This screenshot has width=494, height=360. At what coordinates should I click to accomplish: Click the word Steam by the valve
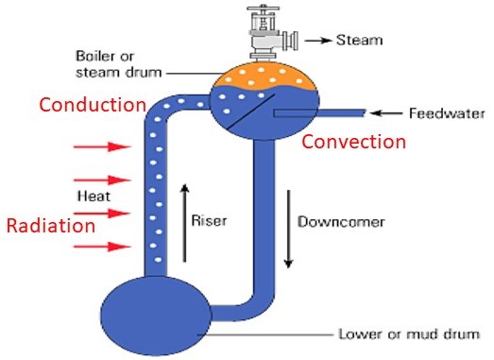click(360, 40)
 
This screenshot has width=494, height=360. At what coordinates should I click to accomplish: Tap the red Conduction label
click(93, 105)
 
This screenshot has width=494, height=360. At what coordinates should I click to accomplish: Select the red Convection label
click(354, 142)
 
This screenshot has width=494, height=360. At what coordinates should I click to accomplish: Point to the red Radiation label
click(51, 226)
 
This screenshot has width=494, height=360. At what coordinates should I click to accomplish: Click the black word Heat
click(94, 197)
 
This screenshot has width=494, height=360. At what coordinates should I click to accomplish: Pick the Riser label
click(209, 220)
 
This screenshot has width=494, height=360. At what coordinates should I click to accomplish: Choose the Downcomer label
click(341, 222)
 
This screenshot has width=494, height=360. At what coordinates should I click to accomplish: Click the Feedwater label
click(447, 113)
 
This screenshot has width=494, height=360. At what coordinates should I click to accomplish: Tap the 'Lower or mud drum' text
click(409, 334)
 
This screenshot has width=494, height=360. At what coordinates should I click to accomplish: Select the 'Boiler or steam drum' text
click(119, 64)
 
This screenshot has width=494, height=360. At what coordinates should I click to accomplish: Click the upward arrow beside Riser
click(185, 223)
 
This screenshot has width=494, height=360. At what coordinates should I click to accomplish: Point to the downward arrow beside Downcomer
click(288, 230)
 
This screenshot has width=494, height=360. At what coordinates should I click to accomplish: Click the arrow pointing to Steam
click(318, 41)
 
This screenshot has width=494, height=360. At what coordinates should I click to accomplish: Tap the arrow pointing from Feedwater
click(386, 112)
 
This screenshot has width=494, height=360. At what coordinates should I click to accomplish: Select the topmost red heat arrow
click(102, 146)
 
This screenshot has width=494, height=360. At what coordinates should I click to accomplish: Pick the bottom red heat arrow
click(102, 247)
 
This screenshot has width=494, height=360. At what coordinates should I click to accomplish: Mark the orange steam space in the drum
click(264, 76)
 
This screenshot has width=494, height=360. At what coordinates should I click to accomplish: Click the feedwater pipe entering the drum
click(320, 112)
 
